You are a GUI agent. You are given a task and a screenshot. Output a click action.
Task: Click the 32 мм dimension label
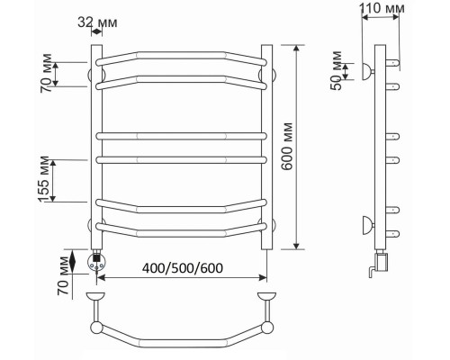tap(97, 22)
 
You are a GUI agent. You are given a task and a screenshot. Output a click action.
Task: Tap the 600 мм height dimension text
tap(287, 146)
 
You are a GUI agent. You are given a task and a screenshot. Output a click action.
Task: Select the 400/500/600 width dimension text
tap(183, 268)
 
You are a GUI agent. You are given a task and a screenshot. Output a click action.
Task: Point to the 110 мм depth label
tap(382, 8)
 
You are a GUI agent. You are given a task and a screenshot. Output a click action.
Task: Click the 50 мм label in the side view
tap(337, 71)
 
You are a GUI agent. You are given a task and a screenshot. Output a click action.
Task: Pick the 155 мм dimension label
tap(44, 179)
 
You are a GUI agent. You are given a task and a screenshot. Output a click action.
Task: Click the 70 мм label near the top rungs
tap(46, 73)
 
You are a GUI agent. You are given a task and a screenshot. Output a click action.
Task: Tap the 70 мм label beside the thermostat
tap(64, 275)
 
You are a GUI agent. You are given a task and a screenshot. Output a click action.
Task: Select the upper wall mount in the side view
tap(368, 72)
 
